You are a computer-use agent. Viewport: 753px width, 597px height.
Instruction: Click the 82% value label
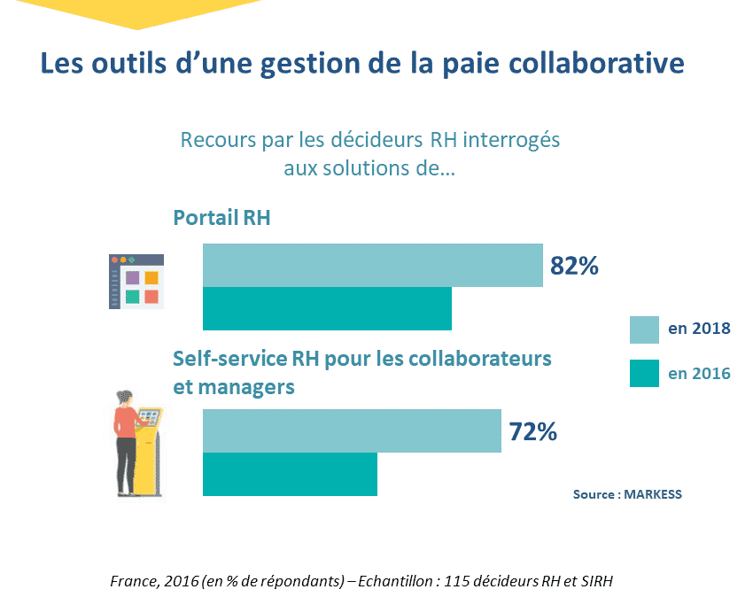point(575,266)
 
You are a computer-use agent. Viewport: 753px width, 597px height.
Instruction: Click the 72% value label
point(532,431)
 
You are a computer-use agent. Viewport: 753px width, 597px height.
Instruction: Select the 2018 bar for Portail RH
point(372,265)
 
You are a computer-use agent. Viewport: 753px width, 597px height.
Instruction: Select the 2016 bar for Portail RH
point(327,308)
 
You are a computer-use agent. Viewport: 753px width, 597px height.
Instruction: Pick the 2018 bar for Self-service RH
point(352,430)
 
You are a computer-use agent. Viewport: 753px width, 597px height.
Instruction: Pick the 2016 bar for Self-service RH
point(290,474)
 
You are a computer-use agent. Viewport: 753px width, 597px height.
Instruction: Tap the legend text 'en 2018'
point(699,329)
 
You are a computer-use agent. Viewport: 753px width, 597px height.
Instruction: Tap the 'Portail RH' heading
point(221,218)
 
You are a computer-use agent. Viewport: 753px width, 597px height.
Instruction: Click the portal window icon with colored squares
point(136,282)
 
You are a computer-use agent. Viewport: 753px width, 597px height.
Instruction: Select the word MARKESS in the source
point(653,494)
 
